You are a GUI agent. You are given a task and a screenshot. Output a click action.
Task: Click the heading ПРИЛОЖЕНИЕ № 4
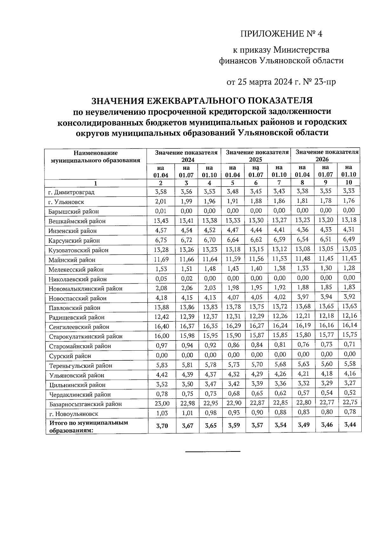tap(281, 34)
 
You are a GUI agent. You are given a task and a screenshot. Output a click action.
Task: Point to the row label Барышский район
tap(73, 211)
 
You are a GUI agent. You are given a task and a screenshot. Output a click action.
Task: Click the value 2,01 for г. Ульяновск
tap(161, 201)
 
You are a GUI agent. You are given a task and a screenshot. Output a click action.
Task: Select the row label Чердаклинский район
tap(80, 395)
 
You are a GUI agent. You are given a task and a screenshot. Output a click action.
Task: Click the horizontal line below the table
tap(212, 451)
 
